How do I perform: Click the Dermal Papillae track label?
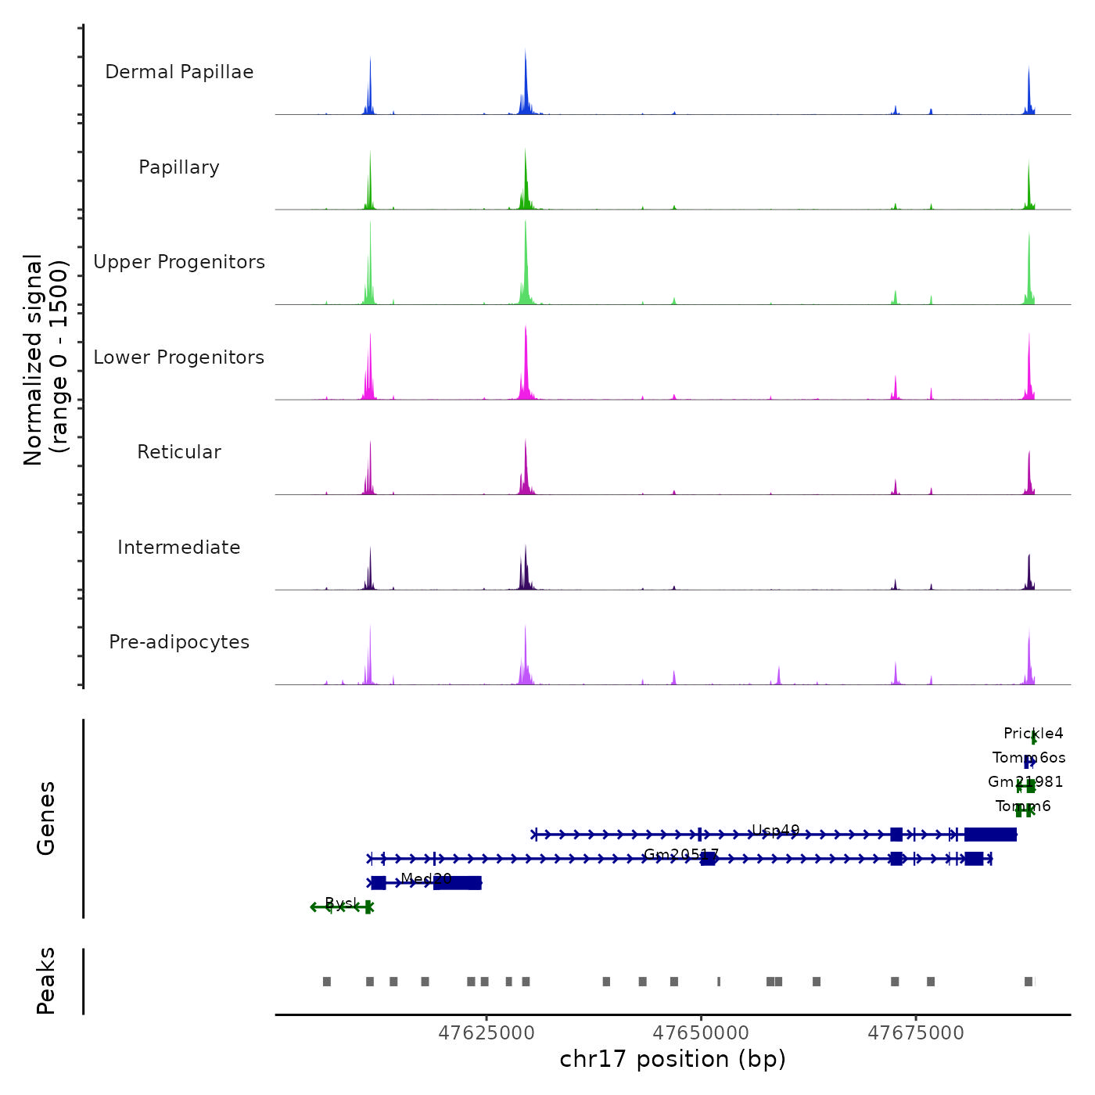179,72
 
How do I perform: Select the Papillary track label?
179,167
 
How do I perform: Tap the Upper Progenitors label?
179,262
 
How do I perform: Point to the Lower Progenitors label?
179,357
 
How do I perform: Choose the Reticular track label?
179,452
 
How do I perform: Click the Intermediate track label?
179,547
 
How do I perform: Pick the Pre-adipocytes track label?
179,642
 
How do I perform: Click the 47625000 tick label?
486,1033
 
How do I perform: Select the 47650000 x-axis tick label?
702,1033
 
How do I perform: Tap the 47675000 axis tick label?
916,1033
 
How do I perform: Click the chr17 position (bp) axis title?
673,1059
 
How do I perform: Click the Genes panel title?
46,817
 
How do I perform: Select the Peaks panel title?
46,981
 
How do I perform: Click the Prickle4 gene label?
1033,734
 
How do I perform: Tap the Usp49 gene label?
775,831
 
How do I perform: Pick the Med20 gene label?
426,878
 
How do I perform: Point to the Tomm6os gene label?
1029,757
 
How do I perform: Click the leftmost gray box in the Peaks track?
327,982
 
